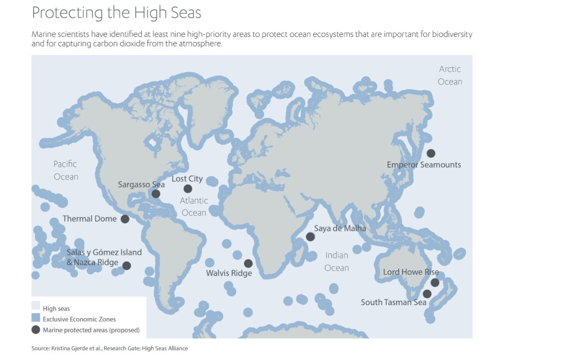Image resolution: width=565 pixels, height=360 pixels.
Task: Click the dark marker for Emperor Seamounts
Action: [431, 153]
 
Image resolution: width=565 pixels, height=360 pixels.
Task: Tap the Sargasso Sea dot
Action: [156, 194]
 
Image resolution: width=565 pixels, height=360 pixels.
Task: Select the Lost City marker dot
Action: [188, 189]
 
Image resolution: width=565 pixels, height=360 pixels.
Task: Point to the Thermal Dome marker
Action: [125, 219]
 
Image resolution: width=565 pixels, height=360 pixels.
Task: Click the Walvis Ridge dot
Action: [248, 263]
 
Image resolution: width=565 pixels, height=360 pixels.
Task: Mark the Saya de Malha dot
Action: [311, 237]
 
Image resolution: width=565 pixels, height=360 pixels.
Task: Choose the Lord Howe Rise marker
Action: [435, 283]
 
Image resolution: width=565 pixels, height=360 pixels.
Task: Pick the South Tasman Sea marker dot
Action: [427, 294]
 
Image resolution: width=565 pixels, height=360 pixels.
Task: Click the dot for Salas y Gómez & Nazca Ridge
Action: [126, 266]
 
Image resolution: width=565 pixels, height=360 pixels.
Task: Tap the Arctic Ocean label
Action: [450, 75]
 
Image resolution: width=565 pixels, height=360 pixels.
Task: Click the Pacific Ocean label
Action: [66, 170]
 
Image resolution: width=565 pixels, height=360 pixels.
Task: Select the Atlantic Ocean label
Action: [193, 207]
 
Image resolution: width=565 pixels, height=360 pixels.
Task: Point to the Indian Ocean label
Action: [337, 262]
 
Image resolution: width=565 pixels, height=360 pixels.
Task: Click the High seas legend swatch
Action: [36, 309]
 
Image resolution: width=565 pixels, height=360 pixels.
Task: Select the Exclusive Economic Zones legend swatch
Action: [36, 319]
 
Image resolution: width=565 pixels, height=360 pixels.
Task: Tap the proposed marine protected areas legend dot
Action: [36, 330]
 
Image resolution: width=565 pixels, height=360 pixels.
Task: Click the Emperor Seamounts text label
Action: [424, 165]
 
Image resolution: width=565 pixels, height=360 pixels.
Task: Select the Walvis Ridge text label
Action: [229, 273]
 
